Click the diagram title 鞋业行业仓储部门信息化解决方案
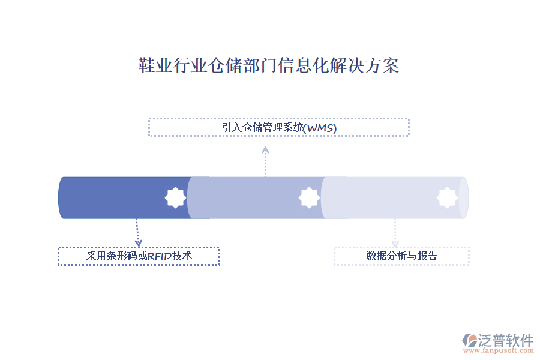(x=269, y=65)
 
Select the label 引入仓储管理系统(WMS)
(x=279, y=128)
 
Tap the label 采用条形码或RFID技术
(x=139, y=256)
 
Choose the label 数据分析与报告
(x=401, y=256)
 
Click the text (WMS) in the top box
(x=320, y=128)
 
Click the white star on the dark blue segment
(x=175, y=198)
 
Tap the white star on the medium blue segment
(x=309, y=198)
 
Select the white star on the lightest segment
(x=447, y=198)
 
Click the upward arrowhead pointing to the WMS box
(x=265, y=150)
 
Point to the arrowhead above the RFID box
(x=139, y=243)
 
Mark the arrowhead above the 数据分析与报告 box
(x=395, y=244)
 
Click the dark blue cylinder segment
(x=124, y=198)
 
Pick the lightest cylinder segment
(x=395, y=198)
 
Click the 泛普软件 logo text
(x=506, y=340)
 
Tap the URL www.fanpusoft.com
(x=499, y=350)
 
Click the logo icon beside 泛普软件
(x=470, y=340)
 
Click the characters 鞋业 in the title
(x=155, y=65)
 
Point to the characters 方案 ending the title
(x=382, y=65)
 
